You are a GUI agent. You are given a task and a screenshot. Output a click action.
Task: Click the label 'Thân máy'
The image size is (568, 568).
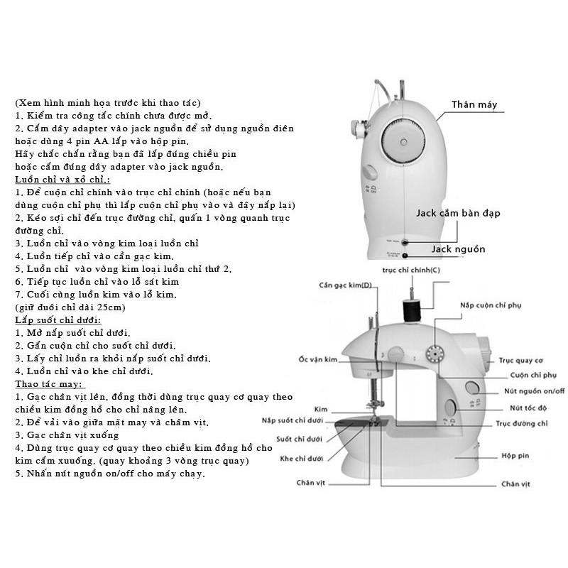tap(474, 104)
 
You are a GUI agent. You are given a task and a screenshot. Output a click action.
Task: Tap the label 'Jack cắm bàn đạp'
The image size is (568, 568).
tap(458, 213)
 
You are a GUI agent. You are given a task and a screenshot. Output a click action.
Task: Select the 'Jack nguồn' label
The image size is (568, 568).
tap(458, 249)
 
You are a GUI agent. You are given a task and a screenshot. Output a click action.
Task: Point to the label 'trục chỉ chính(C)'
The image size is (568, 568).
tap(411, 270)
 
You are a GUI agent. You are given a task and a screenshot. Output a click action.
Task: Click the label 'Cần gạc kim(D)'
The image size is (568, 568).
tap(345, 285)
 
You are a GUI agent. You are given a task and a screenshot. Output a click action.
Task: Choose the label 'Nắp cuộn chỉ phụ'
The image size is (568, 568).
tap(491, 305)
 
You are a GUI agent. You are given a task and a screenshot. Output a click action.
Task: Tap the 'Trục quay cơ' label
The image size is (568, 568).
tap(521, 361)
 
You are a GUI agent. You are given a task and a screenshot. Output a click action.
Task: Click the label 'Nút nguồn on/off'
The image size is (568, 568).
tap(535, 391)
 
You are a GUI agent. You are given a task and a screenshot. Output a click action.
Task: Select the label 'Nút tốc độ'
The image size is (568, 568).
tap(528, 408)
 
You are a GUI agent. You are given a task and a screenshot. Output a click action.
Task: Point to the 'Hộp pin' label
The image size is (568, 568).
tap(515, 456)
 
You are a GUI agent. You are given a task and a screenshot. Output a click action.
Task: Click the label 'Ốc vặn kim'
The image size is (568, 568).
tap(318, 359)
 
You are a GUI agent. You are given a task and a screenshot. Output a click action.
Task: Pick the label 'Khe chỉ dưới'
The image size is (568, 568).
tap(301, 459)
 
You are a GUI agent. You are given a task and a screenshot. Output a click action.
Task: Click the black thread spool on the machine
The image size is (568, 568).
tap(411, 310)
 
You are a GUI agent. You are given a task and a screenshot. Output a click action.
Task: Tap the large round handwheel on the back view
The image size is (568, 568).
tap(403, 141)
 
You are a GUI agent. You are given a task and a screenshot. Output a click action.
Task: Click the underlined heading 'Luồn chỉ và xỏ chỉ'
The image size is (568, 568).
tap(62, 180)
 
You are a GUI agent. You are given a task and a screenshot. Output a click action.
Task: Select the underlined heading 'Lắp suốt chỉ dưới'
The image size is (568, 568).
tap(58, 320)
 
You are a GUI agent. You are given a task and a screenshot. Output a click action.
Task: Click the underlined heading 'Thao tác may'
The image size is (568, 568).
tap(49, 384)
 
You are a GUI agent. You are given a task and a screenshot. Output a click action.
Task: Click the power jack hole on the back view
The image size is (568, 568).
tap(405, 256)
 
